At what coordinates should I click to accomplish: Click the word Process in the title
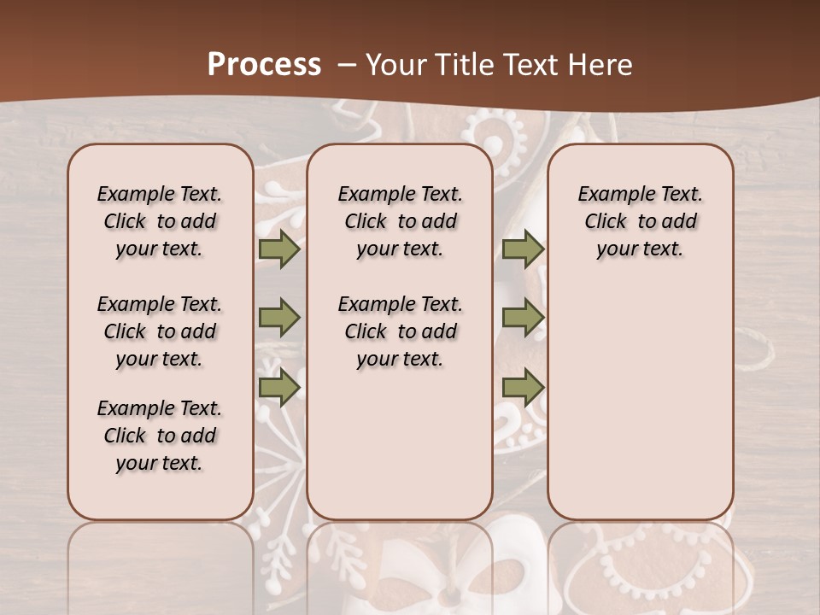coord(264,65)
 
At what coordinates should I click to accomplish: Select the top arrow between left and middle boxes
coord(279,249)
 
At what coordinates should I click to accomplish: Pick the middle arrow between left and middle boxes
coord(279,318)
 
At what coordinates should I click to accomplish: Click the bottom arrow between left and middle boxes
coord(279,388)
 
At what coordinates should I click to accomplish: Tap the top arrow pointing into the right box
coord(523,249)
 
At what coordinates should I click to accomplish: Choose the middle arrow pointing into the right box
coord(523,318)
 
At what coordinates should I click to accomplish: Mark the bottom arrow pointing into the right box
coord(523,388)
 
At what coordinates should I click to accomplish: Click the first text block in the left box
coord(160,221)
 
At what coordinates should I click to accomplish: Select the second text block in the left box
coord(160,331)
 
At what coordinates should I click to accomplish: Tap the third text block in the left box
coord(160,436)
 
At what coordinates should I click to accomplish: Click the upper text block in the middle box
coord(400,221)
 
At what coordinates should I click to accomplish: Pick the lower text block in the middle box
coord(400,331)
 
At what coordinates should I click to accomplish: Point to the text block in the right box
coord(640,221)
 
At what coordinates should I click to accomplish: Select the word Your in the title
coord(391,65)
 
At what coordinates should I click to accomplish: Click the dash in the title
coord(348,65)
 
